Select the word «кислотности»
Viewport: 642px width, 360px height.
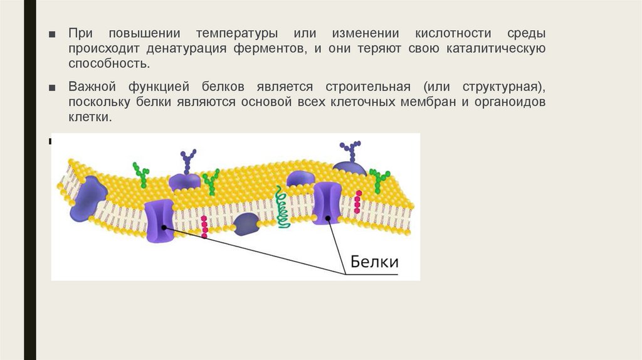451,33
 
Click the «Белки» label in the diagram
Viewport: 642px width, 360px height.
373,260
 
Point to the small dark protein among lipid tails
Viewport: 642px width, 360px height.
246,223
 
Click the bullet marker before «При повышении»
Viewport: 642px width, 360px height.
55,33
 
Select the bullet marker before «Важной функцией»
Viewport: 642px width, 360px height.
55,87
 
